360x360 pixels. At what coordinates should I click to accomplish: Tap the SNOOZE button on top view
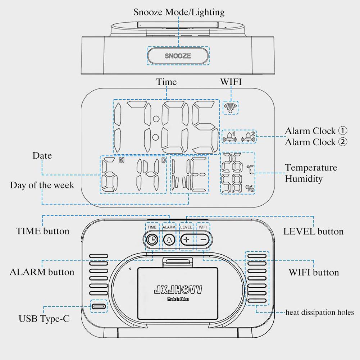178,56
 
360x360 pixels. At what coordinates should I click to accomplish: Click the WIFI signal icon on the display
230,106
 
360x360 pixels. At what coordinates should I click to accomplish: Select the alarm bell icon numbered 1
230,137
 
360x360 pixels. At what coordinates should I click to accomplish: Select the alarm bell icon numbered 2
249,137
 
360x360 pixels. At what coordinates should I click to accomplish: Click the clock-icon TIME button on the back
152,239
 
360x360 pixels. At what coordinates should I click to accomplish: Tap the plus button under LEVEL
186,239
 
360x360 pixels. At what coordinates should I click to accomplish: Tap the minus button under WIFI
204,239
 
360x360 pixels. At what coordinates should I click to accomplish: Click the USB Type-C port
98,306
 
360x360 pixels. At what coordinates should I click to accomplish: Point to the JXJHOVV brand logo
178,290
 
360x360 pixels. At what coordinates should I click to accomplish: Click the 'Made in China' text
178,299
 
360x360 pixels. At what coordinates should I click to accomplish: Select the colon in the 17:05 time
156,128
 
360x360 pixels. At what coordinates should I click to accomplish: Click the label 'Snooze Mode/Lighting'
179,12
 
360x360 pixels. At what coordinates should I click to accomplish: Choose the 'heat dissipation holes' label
320,312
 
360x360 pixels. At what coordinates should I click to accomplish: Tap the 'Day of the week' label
42,185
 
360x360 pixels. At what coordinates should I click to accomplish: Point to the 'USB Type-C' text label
44,319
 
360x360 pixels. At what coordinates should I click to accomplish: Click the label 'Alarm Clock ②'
316,142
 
